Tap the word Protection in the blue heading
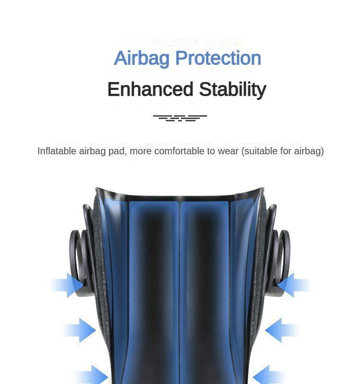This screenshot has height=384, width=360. [218, 59]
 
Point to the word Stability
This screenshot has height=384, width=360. [232, 89]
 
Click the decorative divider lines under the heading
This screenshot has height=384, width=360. [180, 118]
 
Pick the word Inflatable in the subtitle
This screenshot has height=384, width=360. [57, 151]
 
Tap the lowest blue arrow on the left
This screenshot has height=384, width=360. [91, 375]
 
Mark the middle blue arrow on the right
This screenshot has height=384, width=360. [281, 330]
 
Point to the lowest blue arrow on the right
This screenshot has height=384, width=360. [269, 375]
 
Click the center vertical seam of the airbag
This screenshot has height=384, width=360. [180, 288]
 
